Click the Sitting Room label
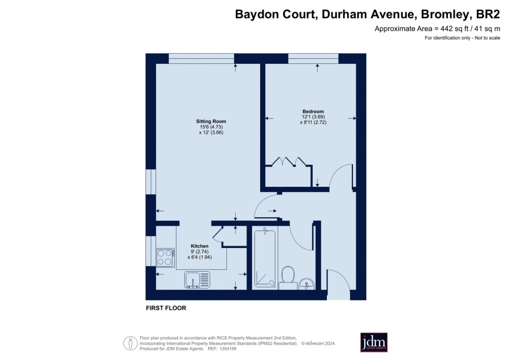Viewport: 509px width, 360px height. pyautogui.click(x=211, y=121)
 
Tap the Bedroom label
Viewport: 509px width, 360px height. pyautogui.click(x=313, y=112)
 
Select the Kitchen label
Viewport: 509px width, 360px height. pyautogui.click(x=199, y=246)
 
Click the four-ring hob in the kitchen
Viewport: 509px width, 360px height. pyautogui.click(x=165, y=258)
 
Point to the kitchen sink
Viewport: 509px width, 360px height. pyautogui.click(x=197, y=280)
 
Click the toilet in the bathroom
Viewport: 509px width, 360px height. pyautogui.click(x=288, y=278)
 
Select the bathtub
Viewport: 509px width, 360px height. pyautogui.click(x=266, y=258)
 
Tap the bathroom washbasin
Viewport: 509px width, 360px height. pyautogui.click(x=306, y=284)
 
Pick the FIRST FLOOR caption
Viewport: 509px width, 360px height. pyautogui.click(x=166, y=308)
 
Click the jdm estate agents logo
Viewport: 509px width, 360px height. pyautogui.click(x=374, y=342)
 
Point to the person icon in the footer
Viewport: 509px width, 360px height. pyautogui.click(x=131, y=343)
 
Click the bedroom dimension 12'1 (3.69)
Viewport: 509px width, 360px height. pyautogui.click(x=313, y=117)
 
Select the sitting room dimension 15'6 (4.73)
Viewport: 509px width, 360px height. pyautogui.click(x=211, y=127)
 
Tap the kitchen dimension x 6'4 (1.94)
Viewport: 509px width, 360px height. pyautogui.click(x=199, y=257)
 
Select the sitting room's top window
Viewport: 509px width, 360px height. pyautogui.click(x=201, y=58)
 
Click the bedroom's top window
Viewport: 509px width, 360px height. pyautogui.click(x=313, y=58)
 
